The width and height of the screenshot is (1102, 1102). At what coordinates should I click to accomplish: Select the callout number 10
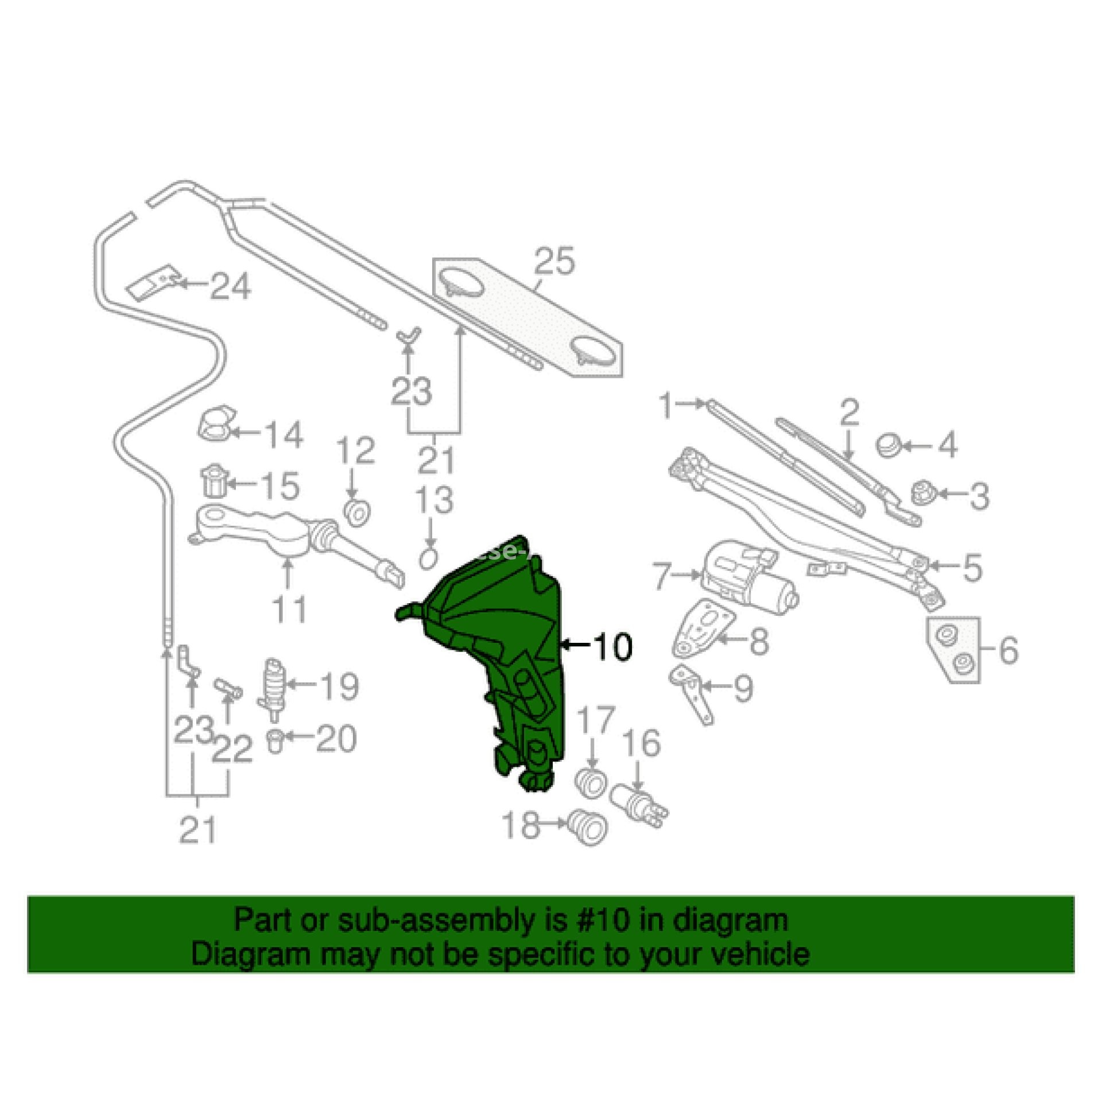[614, 647]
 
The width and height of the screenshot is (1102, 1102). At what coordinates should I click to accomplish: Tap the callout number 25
[555, 262]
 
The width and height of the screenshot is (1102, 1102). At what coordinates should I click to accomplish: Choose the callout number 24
[230, 286]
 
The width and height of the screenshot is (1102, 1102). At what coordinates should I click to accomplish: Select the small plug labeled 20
[276, 741]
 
